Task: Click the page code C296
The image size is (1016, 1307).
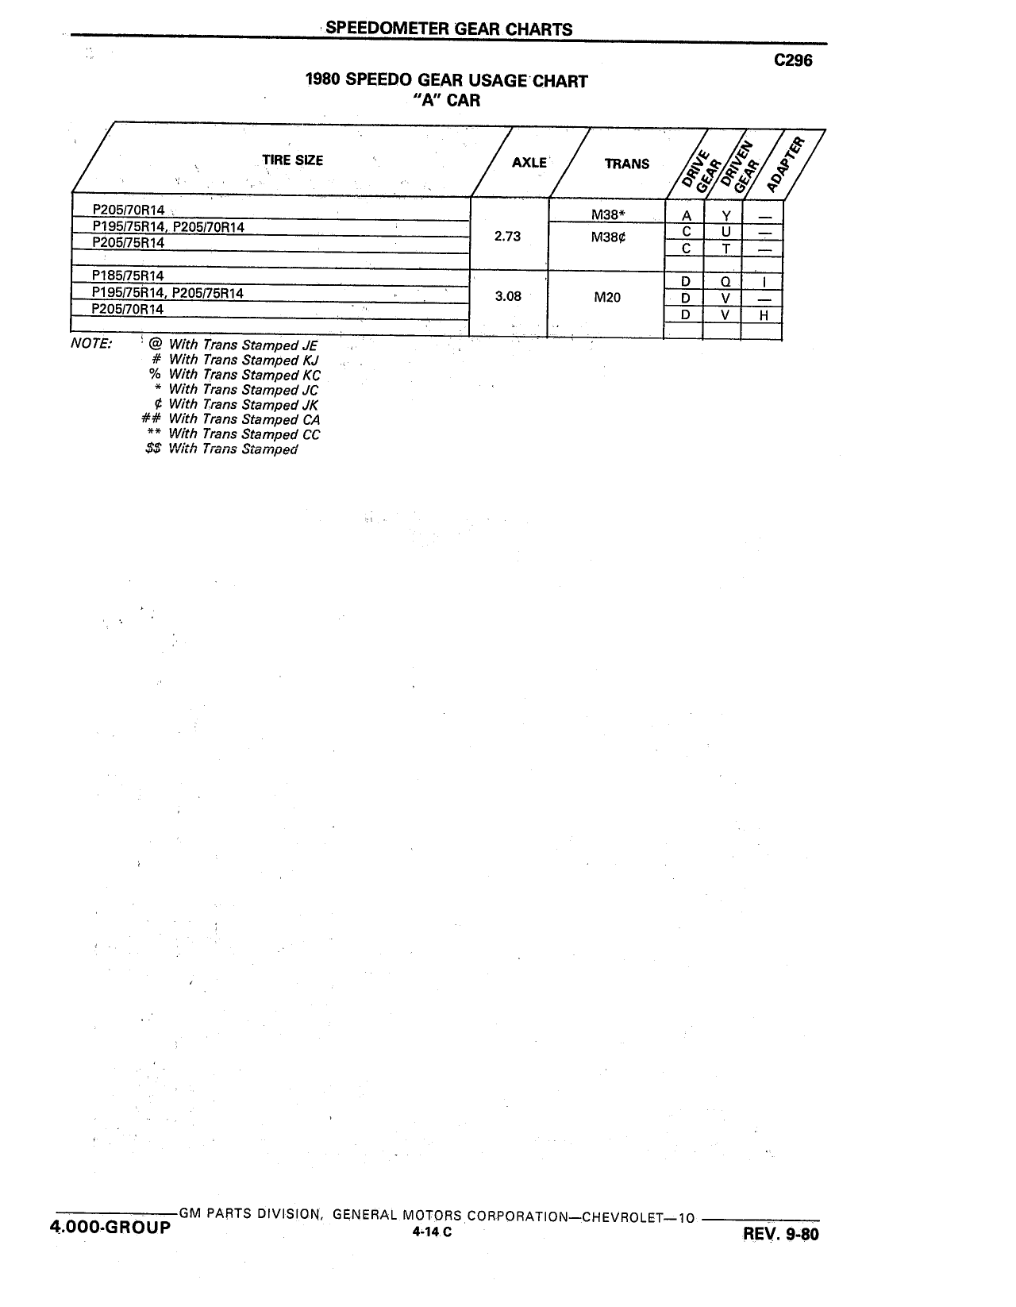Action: (x=793, y=60)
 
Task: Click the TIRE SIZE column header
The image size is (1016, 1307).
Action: (x=292, y=160)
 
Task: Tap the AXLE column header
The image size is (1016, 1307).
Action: (x=529, y=163)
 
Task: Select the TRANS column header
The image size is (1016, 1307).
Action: (x=626, y=164)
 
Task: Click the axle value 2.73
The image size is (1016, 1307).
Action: (x=507, y=237)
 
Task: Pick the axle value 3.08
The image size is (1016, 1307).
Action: (x=507, y=296)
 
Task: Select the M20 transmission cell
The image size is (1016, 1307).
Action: (x=606, y=297)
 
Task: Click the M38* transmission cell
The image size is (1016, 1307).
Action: (x=608, y=214)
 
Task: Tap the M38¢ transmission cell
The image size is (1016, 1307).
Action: (x=608, y=237)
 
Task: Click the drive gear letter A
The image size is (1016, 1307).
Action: (x=686, y=216)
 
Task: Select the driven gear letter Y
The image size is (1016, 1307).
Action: (x=725, y=216)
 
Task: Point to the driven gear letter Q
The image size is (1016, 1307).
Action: (x=725, y=282)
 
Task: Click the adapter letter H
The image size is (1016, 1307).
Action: (x=764, y=315)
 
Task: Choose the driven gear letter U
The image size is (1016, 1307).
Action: (x=725, y=232)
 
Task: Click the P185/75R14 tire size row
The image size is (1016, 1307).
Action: (x=128, y=276)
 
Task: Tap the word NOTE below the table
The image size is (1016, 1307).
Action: (x=90, y=344)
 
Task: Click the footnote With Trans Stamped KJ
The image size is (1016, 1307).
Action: (x=244, y=360)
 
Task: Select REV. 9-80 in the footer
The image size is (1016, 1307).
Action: (x=780, y=1234)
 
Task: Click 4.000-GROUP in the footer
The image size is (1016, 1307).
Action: (x=110, y=1227)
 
